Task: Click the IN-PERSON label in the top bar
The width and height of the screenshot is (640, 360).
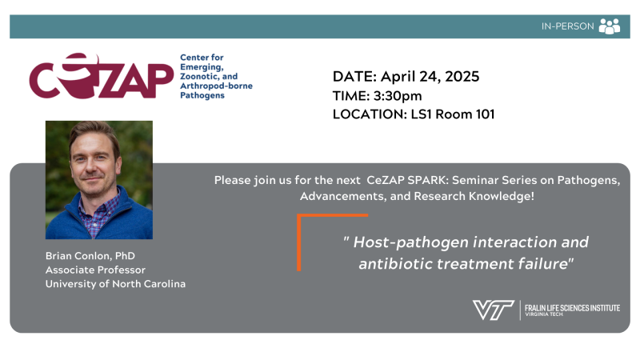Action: pyautogui.click(x=567, y=26)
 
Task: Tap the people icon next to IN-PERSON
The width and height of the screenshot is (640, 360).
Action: pyautogui.click(x=610, y=26)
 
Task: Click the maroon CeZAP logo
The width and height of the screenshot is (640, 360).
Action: pyautogui.click(x=102, y=76)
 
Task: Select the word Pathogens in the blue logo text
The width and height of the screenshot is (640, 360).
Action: pyautogui.click(x=202, y=95)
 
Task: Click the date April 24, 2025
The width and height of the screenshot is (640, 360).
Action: pyautogui.click(x=430, y=76)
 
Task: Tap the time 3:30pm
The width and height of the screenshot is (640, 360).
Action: pyautogui.click(x=398, y=96)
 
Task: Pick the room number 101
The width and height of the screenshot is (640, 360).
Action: pyautogui.click(x=485, y=114)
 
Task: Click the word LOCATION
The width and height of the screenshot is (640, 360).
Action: pyautogui.click(x=370, y=114)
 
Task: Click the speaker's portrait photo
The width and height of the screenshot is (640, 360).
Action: pyautogui.click(x=99, y=179)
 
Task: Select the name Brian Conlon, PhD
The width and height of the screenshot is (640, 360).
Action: pyautogui.click(x=90, y=256)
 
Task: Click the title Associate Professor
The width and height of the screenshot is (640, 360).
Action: pyautogui.click(x=95, y=270)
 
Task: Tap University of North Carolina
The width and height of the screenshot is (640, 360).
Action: pyautogui.click(x=115, y=284)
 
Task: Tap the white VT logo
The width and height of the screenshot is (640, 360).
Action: pyautogui.click(x=493, y=310)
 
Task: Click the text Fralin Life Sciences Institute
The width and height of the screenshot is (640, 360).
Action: pyautogui.click(x=572, y=308)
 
